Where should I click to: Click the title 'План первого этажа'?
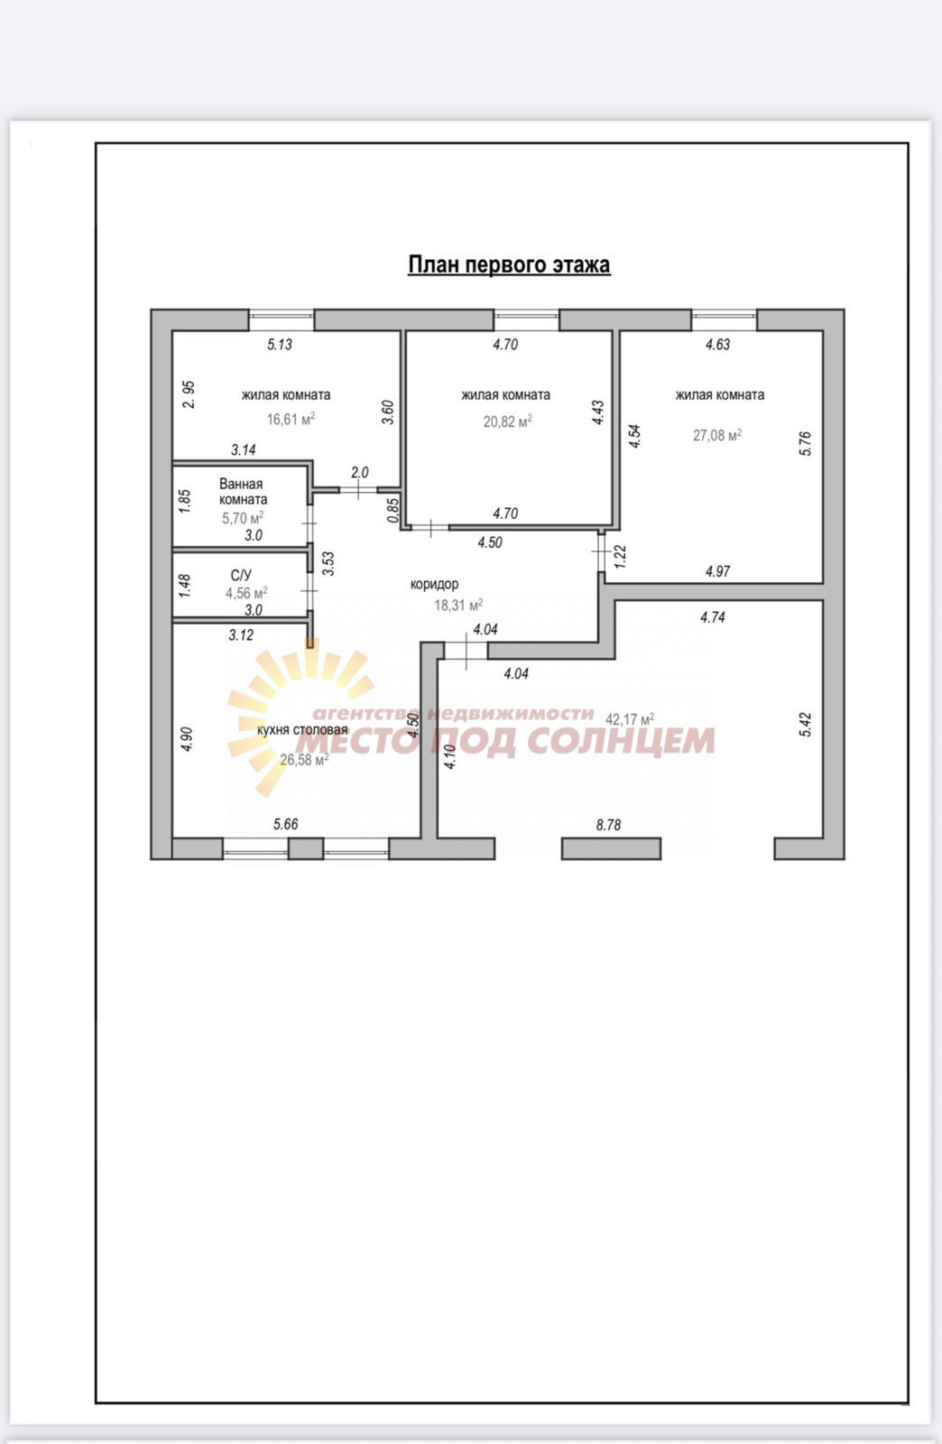pyautogui.click(x=509, y=265)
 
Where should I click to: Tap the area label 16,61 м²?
pyautogui.click(x=291, y=419)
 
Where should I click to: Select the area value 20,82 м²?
pyautogui.click(x=508, y=421)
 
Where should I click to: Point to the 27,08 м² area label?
pyautogui.click(x=717, y=435)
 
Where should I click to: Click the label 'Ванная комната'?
pyautogui.click(x=243, y=492)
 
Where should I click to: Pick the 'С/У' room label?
pyautogui.click(x=241, y=575)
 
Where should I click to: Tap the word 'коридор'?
pyautogui.click(x=434, y=584)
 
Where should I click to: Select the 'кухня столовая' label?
pyautogui.click(x=302, y=730)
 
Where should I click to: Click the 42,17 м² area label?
pyautogui.click(x=630, y=718)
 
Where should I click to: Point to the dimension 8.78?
pyautogui.click(x=608, y=825)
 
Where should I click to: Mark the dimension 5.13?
pyautogui.click(x=280, y=344)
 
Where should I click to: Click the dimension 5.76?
pyautogui.click(x=806, y=443)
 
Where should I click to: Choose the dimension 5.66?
pyautogui.click(x=285, y=824)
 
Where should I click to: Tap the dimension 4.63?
pyautogui.click(x=717, y=344)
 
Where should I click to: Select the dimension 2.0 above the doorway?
pyautogui.click(x=359, y=473)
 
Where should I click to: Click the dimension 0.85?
pyautogui.click(x=393, y=510)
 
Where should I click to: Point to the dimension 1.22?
pyautogui.click(x=620, y=556)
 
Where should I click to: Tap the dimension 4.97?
pyautogui.click(x=717, y=571)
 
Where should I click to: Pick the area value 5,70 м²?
pyautogui.click(x=243, y=518)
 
